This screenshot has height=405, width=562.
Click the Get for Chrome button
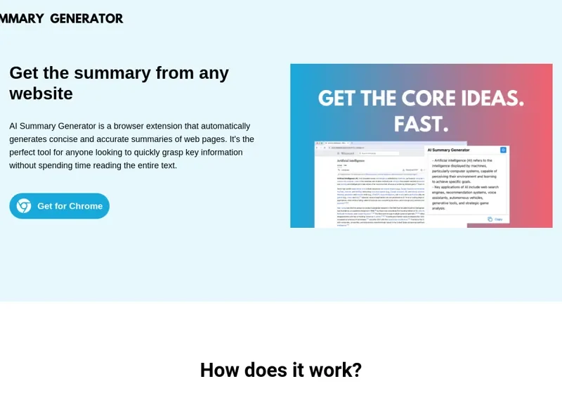click(x=60, y=206)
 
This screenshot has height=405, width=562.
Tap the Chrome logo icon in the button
click(x=24, y=206)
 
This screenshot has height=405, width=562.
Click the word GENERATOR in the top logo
click(x=86, y=18)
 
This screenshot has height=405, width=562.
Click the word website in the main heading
click(x=41, y=94)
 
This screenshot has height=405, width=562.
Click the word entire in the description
click(x=140, y=166)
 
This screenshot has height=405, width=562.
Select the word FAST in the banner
click(x=419, y=124)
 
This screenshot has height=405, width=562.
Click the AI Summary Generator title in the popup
click(x=458, y=150)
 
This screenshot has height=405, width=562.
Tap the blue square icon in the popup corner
click(x=503, y=150)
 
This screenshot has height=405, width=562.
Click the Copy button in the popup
click(x=495, y=219)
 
